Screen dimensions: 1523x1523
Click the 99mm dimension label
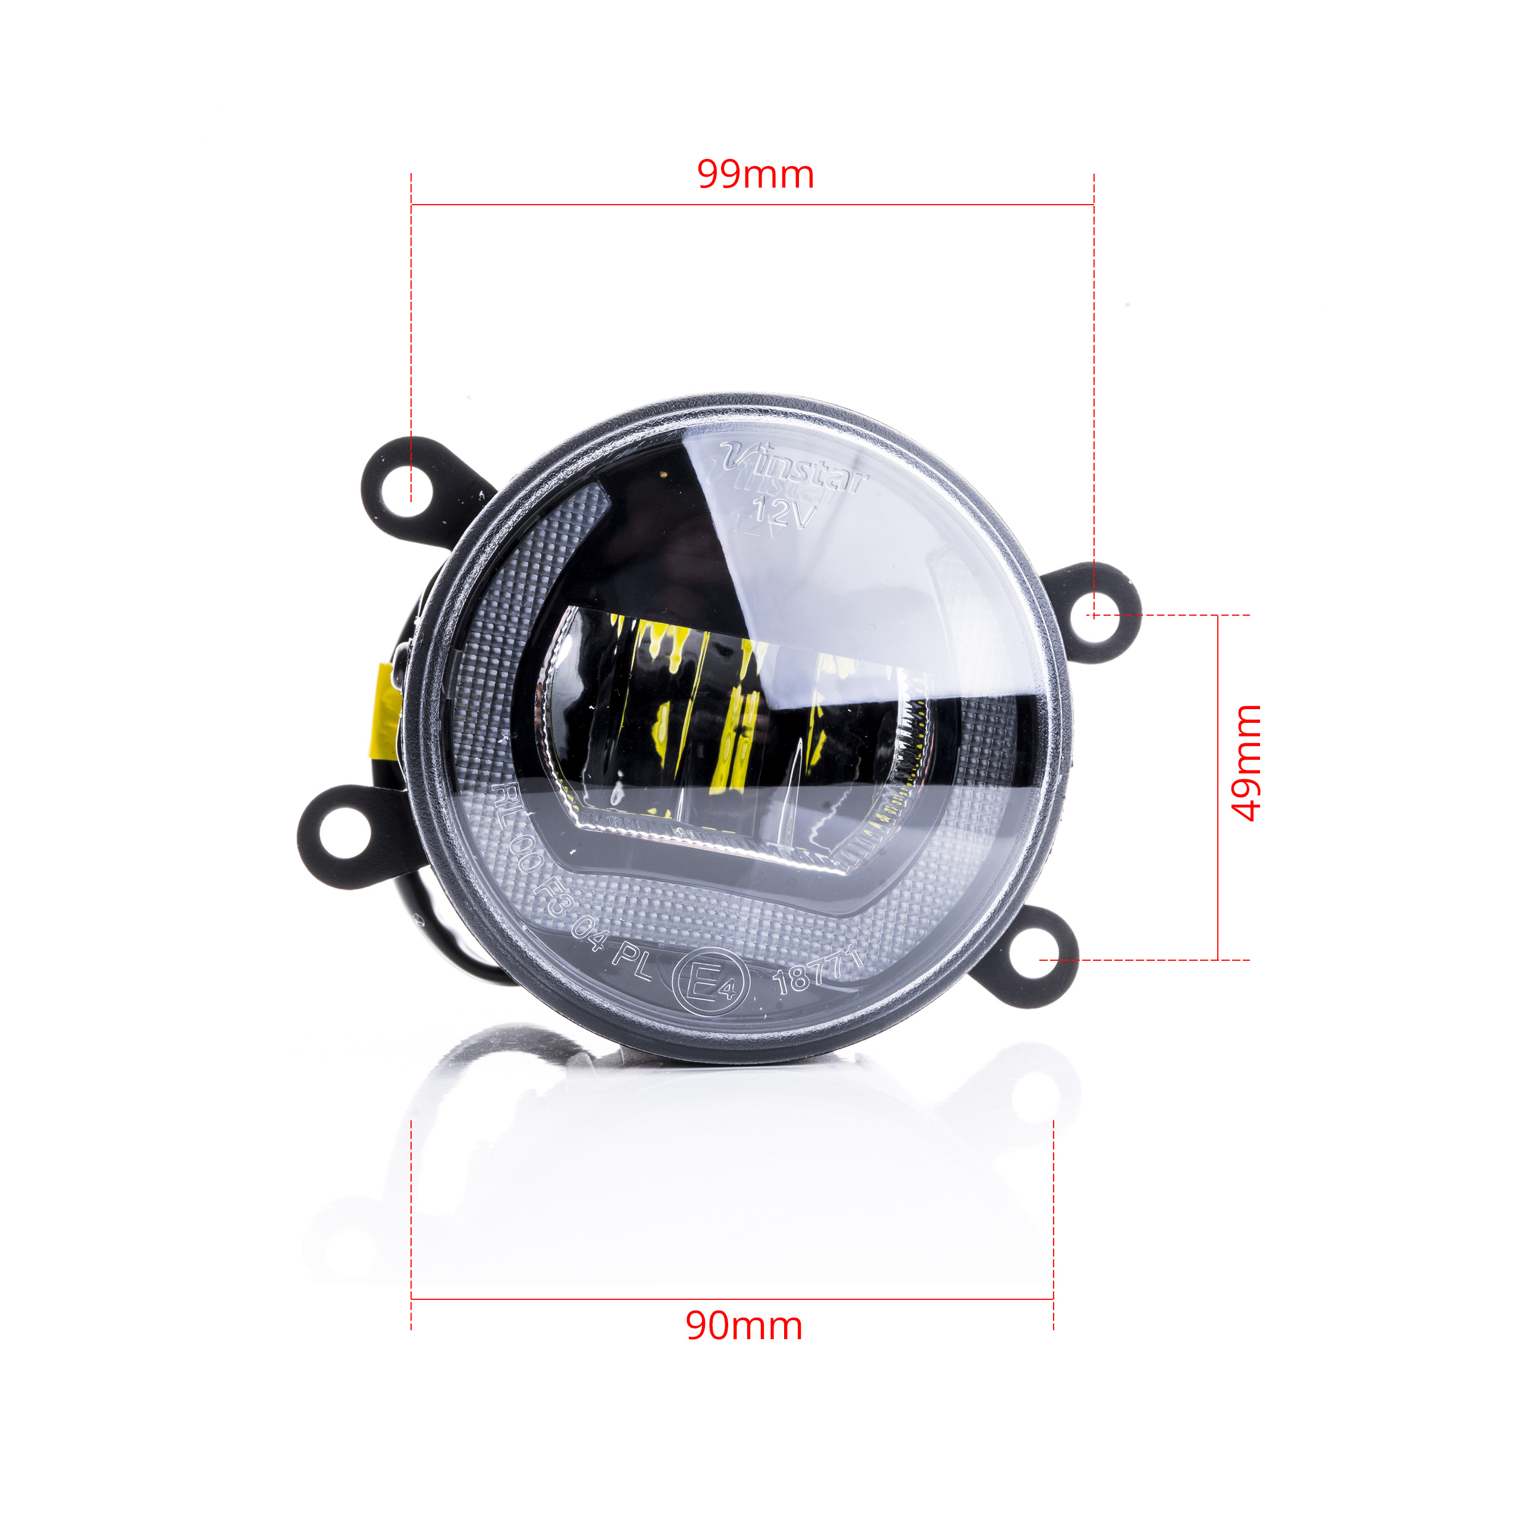point(755,174)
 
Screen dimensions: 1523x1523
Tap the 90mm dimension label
point(744,1326)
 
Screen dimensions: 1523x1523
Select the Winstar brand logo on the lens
point(795,470)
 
